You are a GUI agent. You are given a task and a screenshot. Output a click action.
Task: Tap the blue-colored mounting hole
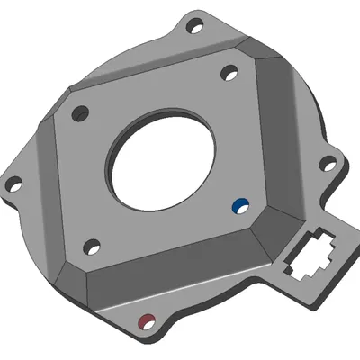pos(239,205)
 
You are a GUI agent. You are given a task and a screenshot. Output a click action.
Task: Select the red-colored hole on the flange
pos(144,319)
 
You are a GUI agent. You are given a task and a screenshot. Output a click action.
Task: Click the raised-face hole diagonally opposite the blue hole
pos(80,113)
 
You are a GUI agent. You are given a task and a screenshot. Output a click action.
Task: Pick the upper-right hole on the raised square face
pos(229,70)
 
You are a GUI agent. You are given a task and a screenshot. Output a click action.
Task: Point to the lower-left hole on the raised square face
pos(90,246)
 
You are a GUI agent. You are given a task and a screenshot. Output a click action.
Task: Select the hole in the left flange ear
pos(13,186)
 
